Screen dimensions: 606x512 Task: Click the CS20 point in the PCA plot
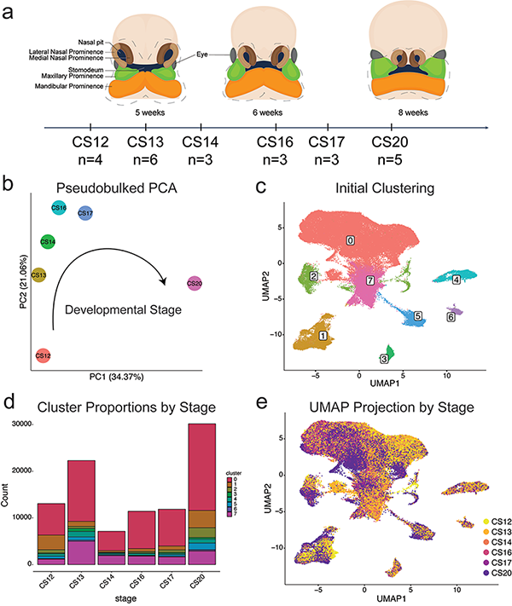194,283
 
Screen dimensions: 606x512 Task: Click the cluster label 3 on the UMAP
385,358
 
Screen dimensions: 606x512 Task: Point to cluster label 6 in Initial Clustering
450,316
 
